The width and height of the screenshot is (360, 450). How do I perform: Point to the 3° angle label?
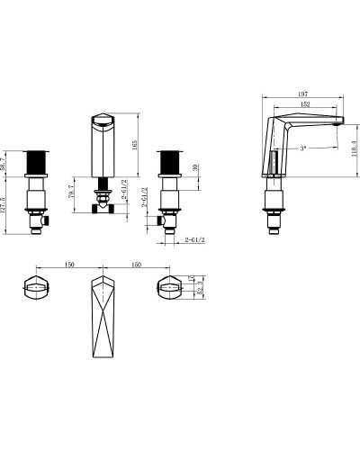tap(303, 148)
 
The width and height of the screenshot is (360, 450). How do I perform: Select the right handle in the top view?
tap(171, 288)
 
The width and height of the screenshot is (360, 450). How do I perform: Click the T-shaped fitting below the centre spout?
tap(103, 207)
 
